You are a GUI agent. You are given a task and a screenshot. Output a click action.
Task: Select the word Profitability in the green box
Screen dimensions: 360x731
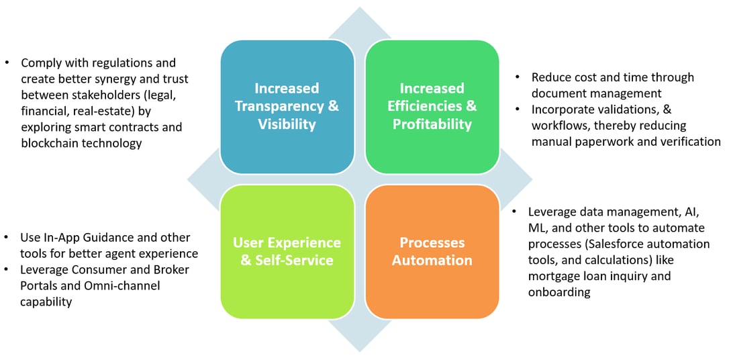pyautogui.click(x=432, y=124)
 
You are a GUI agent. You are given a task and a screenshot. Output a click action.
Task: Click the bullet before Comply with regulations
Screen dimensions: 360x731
pyautogui.click(x=7, y=63)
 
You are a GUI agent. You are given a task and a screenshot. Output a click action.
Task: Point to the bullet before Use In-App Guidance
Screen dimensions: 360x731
pyautogui.click(x=7, y=238)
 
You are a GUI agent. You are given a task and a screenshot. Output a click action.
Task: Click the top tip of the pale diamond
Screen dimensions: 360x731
pyautogui.click(x=360, y=9)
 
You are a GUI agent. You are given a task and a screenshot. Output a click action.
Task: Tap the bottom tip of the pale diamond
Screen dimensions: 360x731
pyautogui.click(x=360, y=351)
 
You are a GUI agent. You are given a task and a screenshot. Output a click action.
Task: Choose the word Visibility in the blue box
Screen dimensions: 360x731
pyautogui.click(x=287, y=124)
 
